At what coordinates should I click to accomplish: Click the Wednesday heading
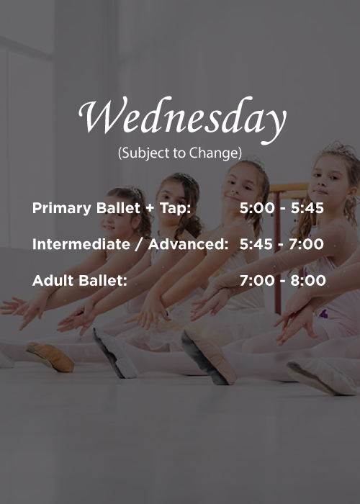click(181, 118)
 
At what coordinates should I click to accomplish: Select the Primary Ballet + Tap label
click(112, 209)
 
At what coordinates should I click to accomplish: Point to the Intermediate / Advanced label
click(130, 245)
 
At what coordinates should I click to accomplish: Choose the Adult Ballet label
click(79, 281)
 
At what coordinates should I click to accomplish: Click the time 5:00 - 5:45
click(282, 209)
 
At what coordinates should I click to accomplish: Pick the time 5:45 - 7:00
click(282, 245)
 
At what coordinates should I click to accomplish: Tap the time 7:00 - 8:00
click(282, 281)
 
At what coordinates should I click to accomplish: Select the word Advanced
click(189, 245)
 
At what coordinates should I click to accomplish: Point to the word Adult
click(51, 281)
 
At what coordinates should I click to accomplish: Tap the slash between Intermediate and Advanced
click(140, 245)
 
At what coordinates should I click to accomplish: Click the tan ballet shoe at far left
click(50, 356)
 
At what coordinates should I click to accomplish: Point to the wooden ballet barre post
click(278, 288)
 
